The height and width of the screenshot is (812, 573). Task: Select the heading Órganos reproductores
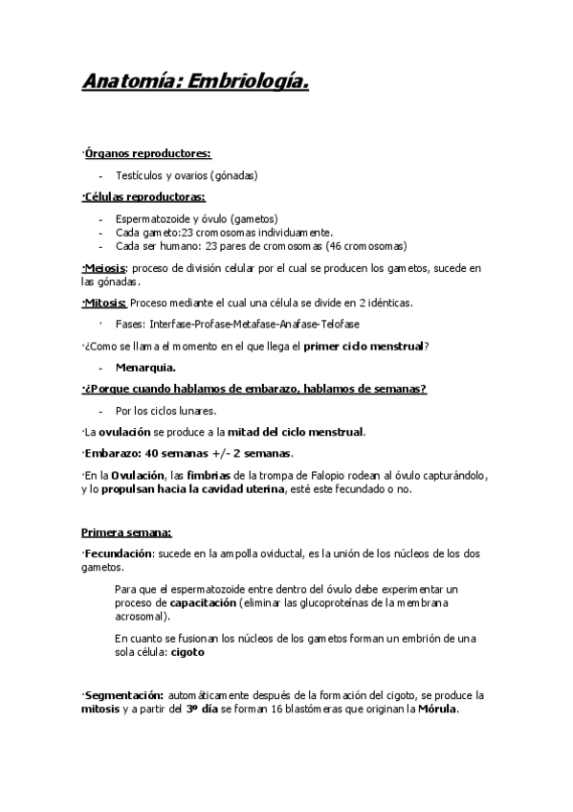pos(147,152)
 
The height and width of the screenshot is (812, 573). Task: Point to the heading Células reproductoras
pos(144,197)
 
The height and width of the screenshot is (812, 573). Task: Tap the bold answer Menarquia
pos(145,367)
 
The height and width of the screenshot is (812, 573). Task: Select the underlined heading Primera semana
pos(126,532)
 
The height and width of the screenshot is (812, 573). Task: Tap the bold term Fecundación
pos(119,554)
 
